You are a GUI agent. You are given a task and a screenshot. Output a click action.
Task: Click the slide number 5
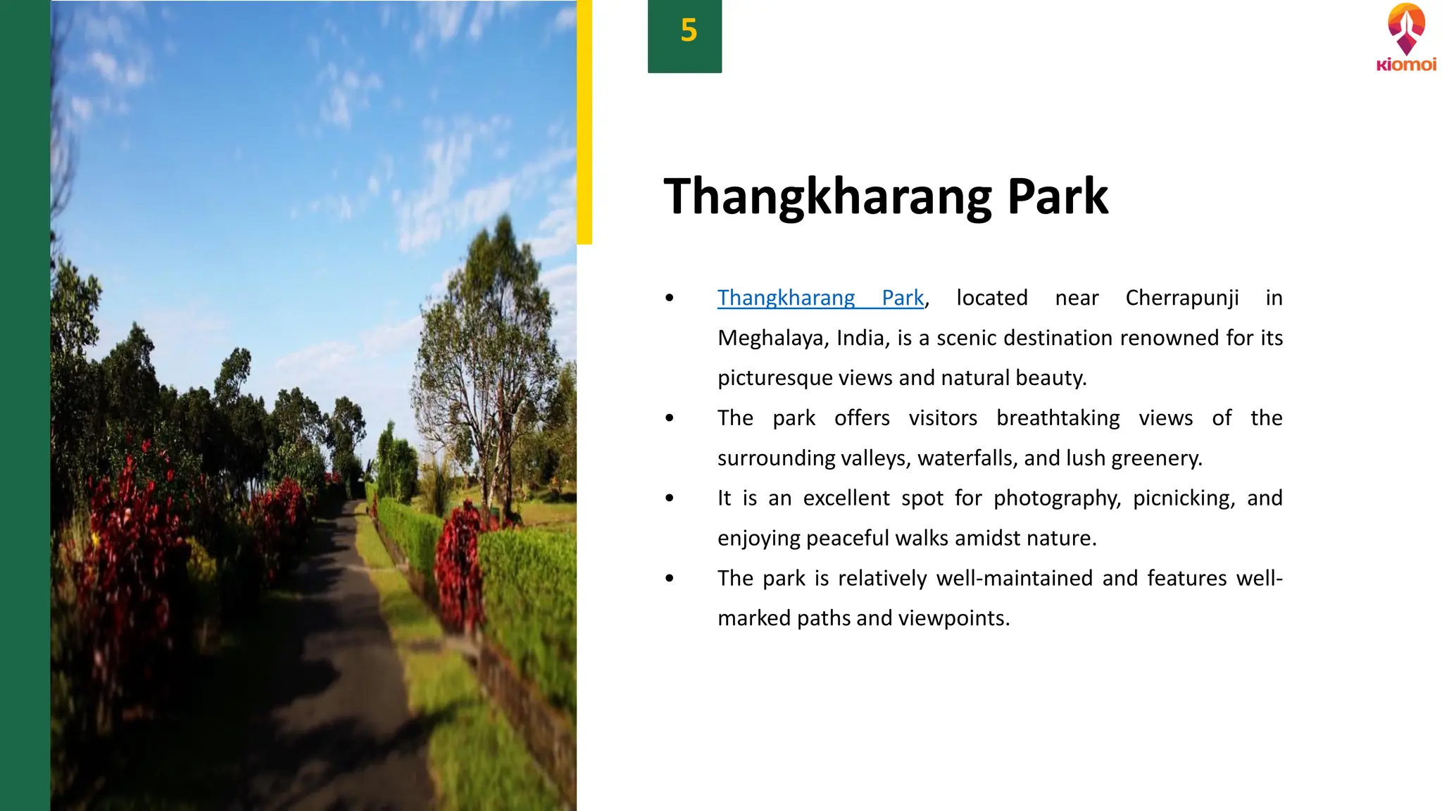point(688,31)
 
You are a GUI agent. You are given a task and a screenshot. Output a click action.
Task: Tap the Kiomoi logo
point(1406,38)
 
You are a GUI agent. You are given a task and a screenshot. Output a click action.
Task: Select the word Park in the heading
point(1058,196)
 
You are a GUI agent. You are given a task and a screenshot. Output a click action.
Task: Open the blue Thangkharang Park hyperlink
point(820,298)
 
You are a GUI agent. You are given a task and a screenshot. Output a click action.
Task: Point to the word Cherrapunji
point(1182,298)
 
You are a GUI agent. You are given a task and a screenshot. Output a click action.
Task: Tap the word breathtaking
point(1058,418)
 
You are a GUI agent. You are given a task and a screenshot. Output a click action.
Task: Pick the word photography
point(1056,498)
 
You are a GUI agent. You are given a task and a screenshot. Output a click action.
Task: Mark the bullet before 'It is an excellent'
point(670,498)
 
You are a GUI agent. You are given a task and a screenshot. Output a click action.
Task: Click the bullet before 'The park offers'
point(670,418)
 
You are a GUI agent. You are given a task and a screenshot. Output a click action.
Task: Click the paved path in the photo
point(338,634)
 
